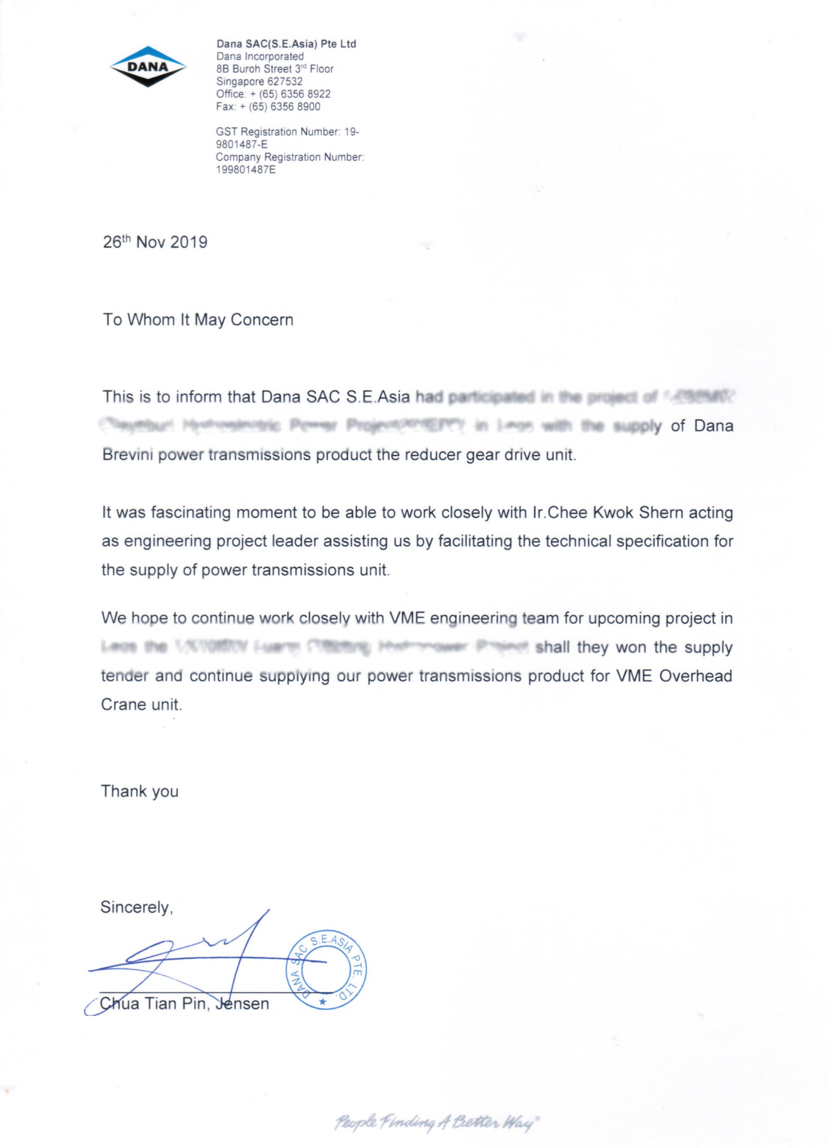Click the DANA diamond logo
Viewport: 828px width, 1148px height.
coord(148,66)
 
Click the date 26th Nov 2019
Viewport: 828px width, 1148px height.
coord(155,243)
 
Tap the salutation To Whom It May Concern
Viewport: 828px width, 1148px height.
coord(198,320)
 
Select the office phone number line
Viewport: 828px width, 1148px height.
coord(273,94)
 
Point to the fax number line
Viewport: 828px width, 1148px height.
coord(268,107)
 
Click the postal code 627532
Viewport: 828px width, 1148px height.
coord(285,82)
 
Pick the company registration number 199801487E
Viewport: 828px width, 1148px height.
coord(246,170)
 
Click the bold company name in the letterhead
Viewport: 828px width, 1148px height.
coord(286,44)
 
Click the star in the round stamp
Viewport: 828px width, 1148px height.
coord(322,1002)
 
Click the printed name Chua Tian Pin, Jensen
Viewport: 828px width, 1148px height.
coord(185,1003)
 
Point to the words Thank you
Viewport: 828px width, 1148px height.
coord(140,791)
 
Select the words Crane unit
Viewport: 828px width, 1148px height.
coord(141,704)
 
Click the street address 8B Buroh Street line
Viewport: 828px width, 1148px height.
coord(275,69)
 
